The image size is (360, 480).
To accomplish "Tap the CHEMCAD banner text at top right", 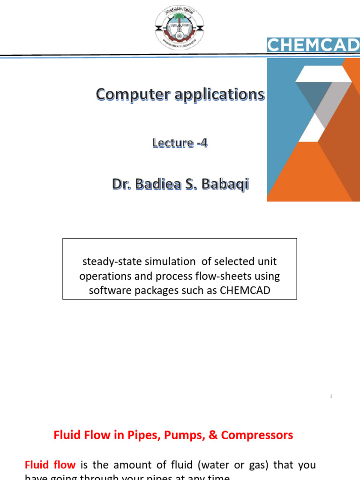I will [x=313, y=45].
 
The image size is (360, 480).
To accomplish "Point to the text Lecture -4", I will [x=180, y=143].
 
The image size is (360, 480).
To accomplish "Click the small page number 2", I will [x=331, y=397].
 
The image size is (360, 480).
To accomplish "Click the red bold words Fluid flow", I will [x=50, y=465].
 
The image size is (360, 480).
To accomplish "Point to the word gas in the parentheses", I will [x=253, y=465].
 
